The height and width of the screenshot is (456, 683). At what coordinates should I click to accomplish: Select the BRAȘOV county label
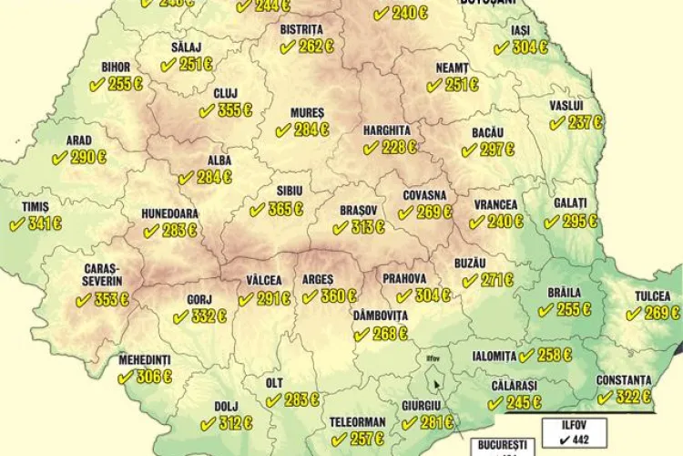(x=359, y=210)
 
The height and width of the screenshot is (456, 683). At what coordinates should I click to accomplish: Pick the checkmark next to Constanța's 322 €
(x=604, y=397)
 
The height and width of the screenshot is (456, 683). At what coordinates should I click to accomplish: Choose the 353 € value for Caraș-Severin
(x=110, y=300)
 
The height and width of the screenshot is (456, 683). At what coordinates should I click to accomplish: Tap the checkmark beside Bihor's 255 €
(x=95, y=84)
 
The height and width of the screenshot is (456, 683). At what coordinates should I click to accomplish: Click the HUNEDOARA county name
(x=169, y=213)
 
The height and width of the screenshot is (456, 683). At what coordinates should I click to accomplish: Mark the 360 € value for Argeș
(x=338, y=296)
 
